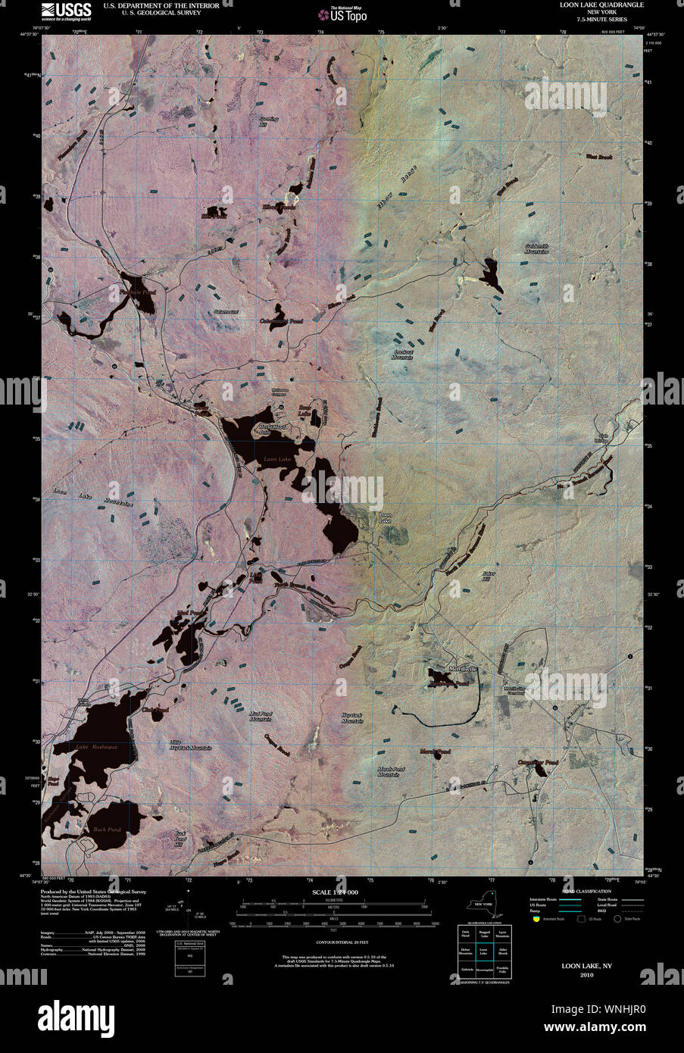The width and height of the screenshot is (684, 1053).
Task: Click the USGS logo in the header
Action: [67, 10]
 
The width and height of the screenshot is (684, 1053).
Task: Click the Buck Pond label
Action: [107, 830]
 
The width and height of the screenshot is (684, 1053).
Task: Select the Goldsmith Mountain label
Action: [536, 248]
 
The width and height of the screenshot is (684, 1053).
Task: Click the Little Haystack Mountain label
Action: [189, 745]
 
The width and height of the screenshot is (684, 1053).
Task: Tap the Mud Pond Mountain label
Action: [260, 716]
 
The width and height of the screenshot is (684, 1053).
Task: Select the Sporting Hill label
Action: [269, 121]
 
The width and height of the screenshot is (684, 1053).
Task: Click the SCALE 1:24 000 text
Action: [335, 893]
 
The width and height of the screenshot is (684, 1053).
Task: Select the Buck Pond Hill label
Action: [180, 839]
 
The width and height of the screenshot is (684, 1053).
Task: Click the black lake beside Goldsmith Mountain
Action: [491, 274]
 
